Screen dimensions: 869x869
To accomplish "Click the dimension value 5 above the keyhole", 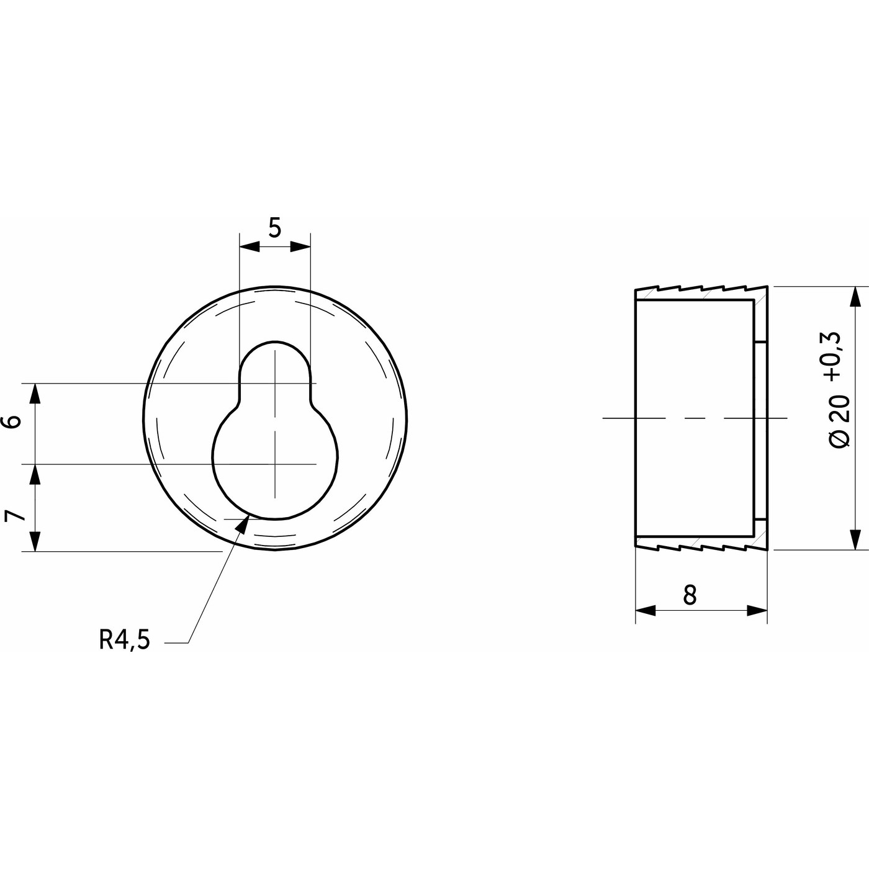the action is [x=274, y=228].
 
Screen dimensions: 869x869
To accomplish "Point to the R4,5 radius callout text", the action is [x=124, y=639].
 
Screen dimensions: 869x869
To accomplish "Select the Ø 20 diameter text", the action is [x=839, y=421].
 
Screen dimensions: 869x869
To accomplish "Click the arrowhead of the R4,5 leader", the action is [x=243, y=525].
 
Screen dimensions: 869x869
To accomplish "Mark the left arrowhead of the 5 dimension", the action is [x=250, y=246].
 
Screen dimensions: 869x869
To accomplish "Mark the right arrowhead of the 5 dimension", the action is [x=300, y=246].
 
